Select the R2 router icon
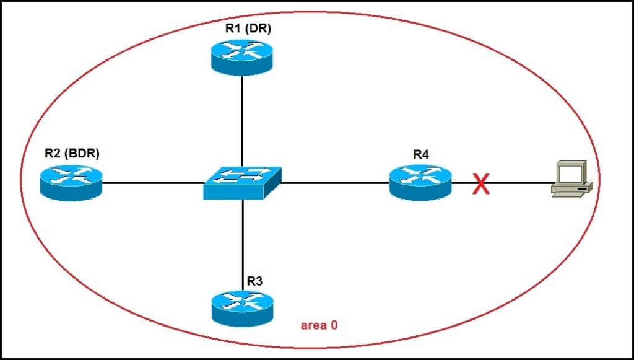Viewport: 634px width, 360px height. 71,181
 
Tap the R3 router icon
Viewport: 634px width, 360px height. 242,307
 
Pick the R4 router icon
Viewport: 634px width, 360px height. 421,180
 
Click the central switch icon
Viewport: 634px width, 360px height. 242,182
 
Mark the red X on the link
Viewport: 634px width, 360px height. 481,184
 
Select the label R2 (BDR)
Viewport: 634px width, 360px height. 72,153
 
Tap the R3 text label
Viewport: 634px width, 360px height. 254,281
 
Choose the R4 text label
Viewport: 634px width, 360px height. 421,154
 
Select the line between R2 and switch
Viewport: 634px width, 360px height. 152,183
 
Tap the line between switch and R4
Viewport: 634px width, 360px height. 334,183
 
